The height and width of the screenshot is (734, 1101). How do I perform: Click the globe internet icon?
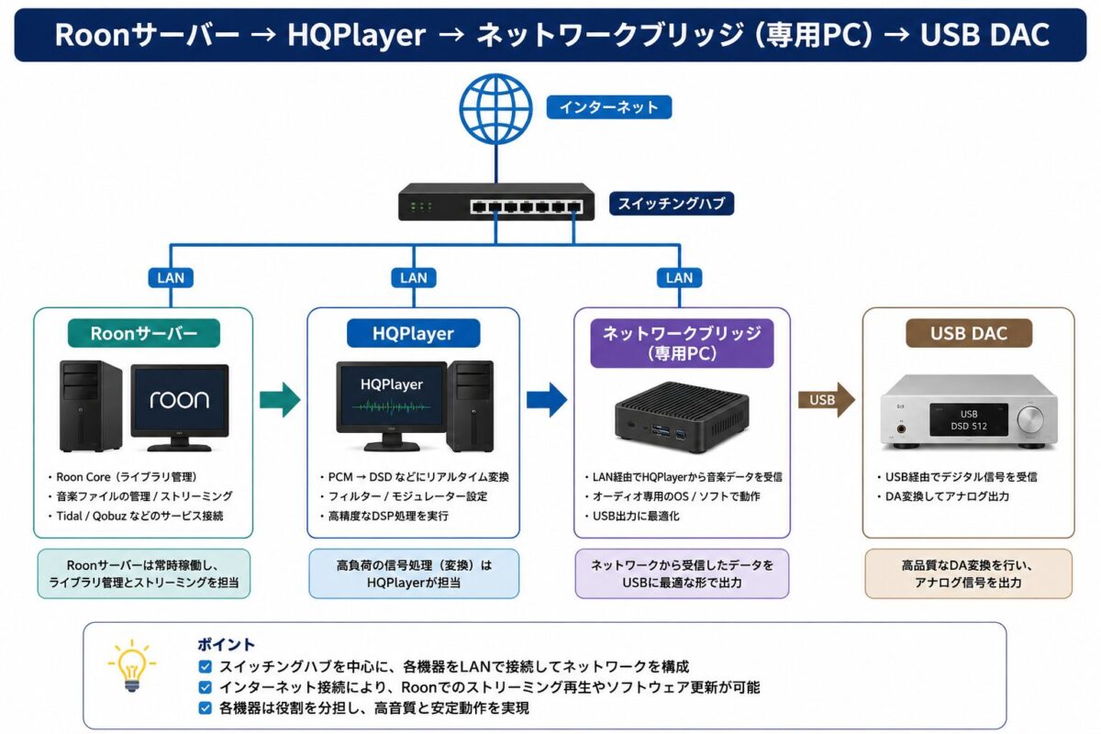495,108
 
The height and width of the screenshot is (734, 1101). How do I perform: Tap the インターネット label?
609,107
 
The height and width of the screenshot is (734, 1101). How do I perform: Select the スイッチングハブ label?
672,203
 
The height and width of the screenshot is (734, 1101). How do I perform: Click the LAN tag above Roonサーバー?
171,278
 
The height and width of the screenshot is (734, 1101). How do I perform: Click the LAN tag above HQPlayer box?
414,278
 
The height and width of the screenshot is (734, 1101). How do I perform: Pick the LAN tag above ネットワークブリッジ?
679,278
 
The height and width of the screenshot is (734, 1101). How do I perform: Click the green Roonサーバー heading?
144,333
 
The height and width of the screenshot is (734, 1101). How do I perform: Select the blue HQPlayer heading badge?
414,333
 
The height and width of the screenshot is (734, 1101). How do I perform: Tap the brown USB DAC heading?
969,333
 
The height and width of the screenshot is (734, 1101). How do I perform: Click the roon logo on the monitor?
180,399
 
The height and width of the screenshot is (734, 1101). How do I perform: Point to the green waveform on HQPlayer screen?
391,407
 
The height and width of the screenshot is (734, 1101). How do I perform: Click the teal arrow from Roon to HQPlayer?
280,400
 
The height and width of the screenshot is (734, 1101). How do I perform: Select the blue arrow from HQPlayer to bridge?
547,400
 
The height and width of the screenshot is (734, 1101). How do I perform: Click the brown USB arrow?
827,400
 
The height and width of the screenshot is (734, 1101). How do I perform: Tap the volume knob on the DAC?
1030,419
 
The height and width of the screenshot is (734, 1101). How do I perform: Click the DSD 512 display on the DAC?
968,420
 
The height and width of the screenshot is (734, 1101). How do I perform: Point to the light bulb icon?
132,666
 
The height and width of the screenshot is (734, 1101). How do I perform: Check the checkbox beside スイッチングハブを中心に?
205,667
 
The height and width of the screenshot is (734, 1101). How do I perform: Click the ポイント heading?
226,644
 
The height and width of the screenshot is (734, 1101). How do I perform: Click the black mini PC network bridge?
682,417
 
